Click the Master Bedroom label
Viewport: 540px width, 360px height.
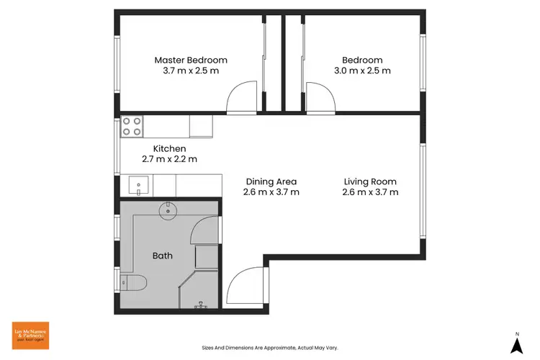pyautogui.click(x=191, y=60)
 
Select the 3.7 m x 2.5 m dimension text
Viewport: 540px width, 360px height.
pyautogui.click(x=191, y=71)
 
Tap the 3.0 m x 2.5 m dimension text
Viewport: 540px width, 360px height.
pyautogui.click(x=362, y=71)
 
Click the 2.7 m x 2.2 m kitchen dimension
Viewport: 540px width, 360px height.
pyautogui.click(x=169, y=159)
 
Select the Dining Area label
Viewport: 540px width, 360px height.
pyautogui.click(x=271, y=181)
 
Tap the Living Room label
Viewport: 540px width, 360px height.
pyautogui.click(x=370, y=181)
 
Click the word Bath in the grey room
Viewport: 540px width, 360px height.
pyautogui.click(x=162, y=256)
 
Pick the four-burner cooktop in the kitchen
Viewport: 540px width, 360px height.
pyautogui.click(x=132, y=126)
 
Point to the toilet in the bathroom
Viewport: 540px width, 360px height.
pyautogui.click(x=134, y=282)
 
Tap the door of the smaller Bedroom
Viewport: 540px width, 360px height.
pyautogui.click(x=320, y=99)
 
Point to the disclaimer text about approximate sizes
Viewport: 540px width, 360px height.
pyautogui.click(x=269, y=347)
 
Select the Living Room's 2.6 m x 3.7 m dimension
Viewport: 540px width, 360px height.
pyautogui.click(x=370, y=192)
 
